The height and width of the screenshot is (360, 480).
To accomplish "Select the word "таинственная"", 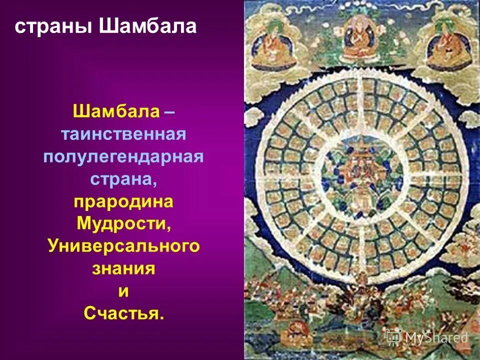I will point(123,134).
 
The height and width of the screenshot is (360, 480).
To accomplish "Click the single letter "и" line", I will point(123,291).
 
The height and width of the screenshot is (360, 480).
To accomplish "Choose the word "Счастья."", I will point(123,313).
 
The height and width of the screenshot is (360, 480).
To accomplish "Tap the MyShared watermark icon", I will point(393,336).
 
